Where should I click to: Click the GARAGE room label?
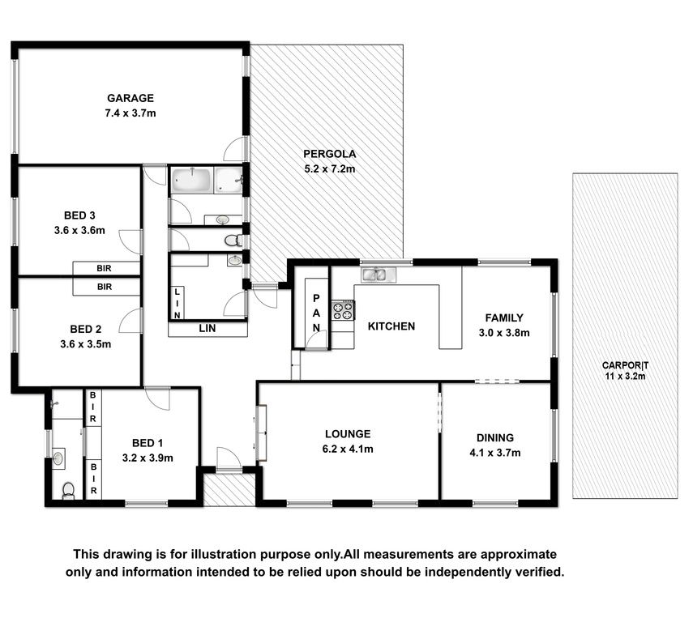pos(130,98)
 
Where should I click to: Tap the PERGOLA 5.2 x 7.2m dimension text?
pos(330,168)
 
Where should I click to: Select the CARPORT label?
pos(625,365)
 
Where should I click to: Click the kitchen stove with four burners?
pos(344,310)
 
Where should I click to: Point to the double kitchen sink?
pos(379,275)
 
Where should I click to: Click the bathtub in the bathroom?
pos(191,180)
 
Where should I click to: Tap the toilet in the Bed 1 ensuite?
pos(68,490)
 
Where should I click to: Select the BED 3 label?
pos(79,215)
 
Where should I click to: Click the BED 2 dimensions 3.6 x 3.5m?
pos(86,344)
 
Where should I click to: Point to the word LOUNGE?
pos(348,434)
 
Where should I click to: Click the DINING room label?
pos(495,438)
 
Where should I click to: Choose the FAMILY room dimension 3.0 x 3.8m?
pos(504,333)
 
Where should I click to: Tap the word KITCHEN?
pos(391,326)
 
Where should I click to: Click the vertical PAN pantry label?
pos(316,313)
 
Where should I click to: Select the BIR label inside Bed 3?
pos(104,268)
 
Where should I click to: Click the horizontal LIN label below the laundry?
pos(207,328)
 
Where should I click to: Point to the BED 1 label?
pos(148,443)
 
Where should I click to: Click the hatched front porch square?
pos(229,490)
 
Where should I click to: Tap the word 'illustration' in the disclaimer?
pos(223,554)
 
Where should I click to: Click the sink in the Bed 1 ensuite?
pos(58,458)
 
